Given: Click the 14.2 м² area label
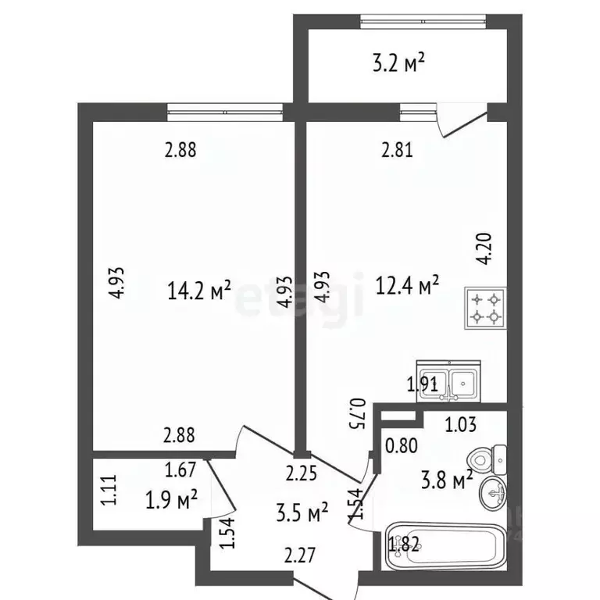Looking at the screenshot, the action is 199,291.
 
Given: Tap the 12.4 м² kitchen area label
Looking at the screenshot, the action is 407,285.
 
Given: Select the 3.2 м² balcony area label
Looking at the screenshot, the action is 398,62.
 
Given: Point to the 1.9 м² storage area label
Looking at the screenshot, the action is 171,499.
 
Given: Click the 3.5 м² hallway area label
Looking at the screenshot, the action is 302,512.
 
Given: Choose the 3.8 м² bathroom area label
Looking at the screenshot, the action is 447,480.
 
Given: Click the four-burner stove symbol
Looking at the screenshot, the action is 486,308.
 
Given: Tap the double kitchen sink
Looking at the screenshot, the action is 448,381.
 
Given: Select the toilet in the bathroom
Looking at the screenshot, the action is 487,459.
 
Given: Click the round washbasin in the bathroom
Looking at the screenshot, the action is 494,493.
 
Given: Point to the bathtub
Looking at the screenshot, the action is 446,546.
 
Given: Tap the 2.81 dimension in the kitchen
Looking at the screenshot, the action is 397,150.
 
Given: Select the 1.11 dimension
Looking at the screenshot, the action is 109,490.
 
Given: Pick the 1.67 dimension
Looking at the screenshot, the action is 180,470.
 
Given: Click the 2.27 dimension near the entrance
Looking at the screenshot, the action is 300,555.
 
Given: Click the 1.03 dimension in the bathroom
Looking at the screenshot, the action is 461,425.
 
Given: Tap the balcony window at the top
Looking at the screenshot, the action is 423,21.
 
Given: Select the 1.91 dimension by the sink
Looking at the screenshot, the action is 423,384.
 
